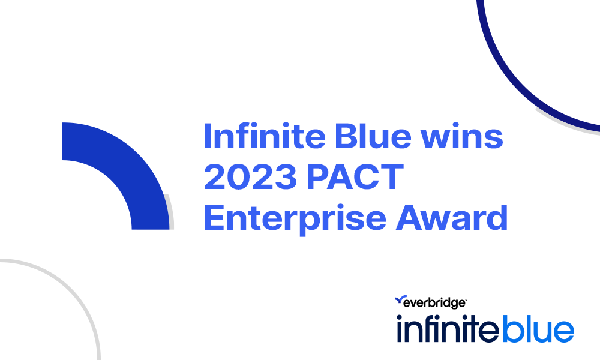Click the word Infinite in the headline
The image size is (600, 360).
265,136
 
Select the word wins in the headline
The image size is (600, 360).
462,136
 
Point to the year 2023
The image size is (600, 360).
251,176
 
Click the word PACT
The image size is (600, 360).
355,176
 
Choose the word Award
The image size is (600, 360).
452,217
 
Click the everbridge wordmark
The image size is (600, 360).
434,303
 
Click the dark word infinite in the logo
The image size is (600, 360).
448,328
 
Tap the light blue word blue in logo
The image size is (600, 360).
538,328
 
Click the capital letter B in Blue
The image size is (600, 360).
347,136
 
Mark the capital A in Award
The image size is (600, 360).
410,217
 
